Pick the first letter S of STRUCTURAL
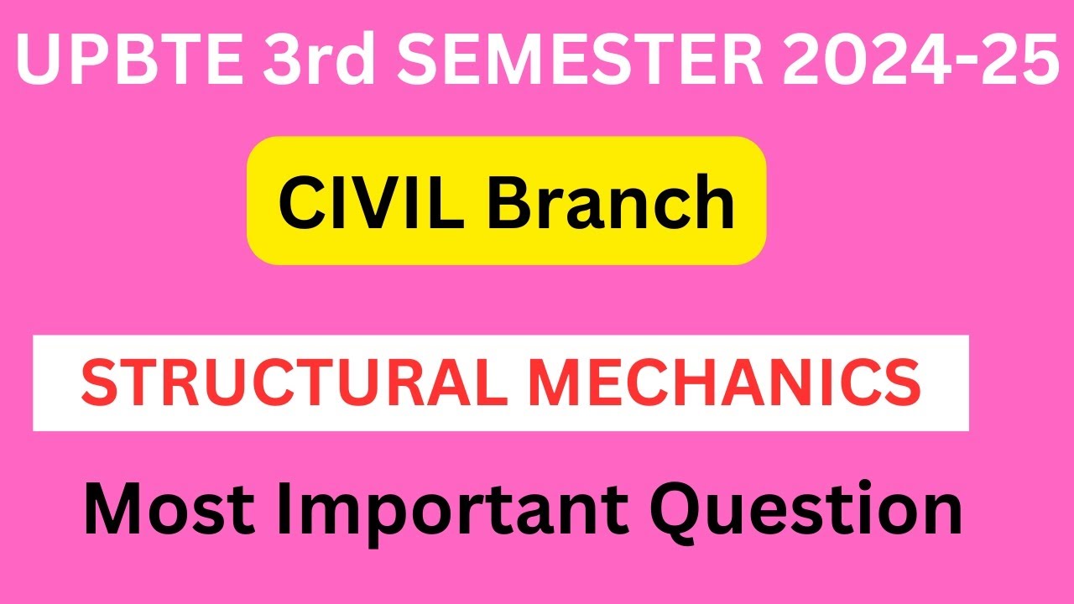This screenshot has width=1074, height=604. point(99,383)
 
